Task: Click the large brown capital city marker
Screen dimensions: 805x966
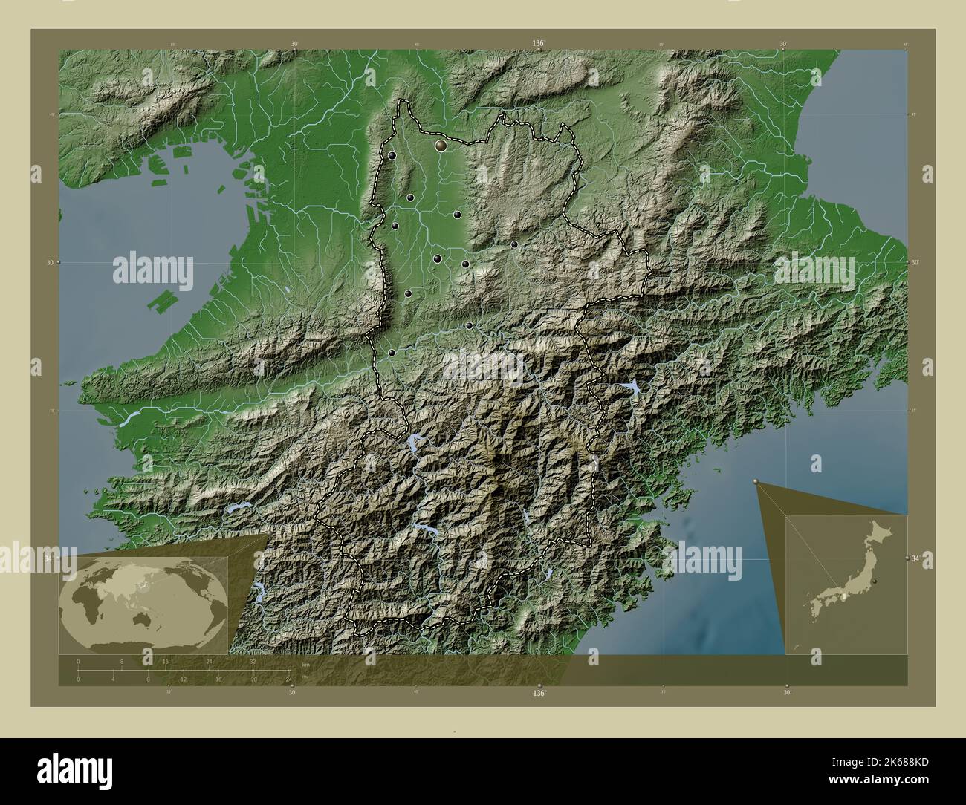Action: click(441, 146)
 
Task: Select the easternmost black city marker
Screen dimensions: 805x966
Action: click(514, 244)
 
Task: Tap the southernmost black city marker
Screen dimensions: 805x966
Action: click(391, 353)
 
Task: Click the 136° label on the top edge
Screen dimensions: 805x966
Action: click(539, 44)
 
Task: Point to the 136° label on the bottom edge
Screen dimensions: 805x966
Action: click(539, 693)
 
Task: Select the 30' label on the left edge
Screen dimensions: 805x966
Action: click(50, 262)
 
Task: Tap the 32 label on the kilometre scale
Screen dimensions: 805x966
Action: click(253, 661)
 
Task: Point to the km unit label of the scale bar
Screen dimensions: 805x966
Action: click(305, 665)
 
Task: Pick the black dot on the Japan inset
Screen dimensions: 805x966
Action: click(876, 581)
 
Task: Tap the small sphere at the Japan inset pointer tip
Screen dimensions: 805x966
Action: click(756, 482)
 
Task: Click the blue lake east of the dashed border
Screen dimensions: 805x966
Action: click(633, 387)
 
